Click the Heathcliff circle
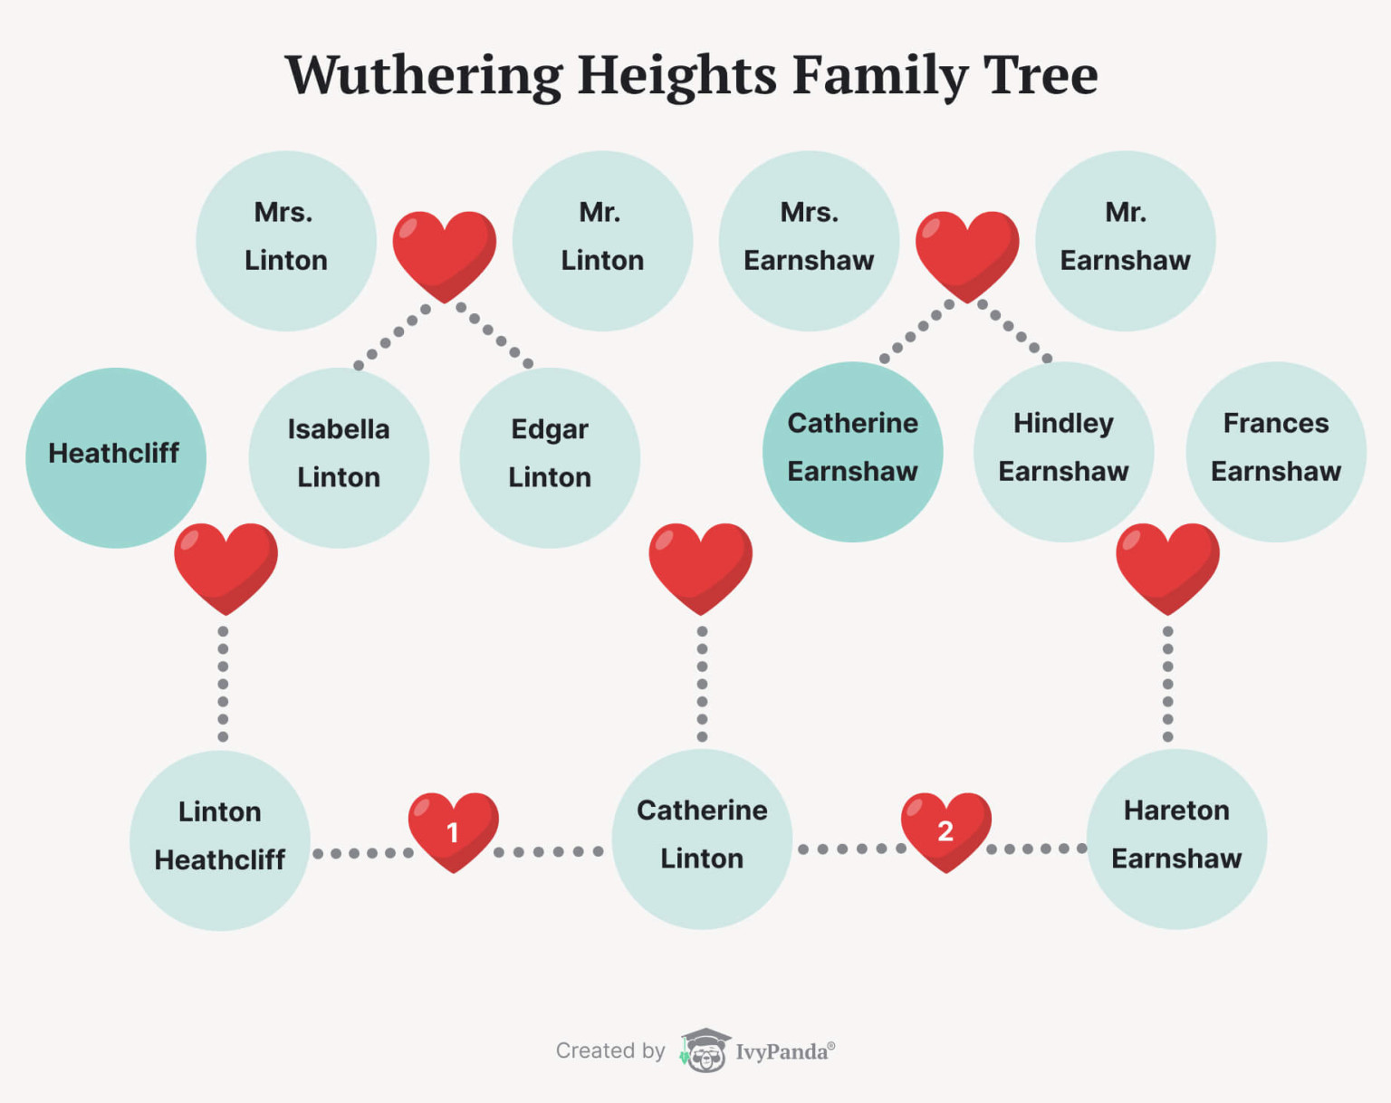tap(116, 457)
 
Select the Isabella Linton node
tap(339, 457)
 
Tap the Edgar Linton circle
tap(550, 457)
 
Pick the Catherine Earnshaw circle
tap(852, 452)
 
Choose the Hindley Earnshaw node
tap(1064, 452)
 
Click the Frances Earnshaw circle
tap(1276, 452)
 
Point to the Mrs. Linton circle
tap(286, 241)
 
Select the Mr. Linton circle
tap(602, 241)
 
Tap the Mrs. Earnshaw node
tap(810, 241)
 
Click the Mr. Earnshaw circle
tap(1126, 241)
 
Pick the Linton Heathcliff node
tap(220, 840)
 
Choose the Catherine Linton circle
tap(702, 839)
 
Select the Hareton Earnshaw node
tap(1176, 839)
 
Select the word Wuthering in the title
tap(424, 76)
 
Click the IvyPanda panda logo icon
tap(705, 1050)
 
